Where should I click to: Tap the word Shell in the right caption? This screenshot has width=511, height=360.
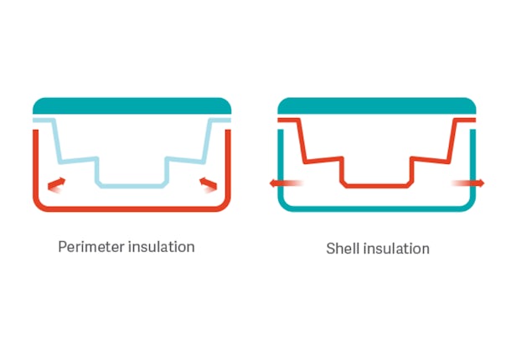click(342, 249)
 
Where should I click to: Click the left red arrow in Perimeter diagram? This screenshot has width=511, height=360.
click(56, 183)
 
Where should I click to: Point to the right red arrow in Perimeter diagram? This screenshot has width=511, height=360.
click(207, 183)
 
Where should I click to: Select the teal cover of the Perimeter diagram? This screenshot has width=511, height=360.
click(132, 105)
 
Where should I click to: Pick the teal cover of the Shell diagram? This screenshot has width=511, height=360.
click(376, 105)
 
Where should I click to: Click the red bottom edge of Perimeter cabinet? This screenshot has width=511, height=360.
click(132, 208)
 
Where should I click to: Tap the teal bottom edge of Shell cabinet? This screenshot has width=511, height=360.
click(376, 208)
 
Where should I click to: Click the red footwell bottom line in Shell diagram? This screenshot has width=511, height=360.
click(376, 185)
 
